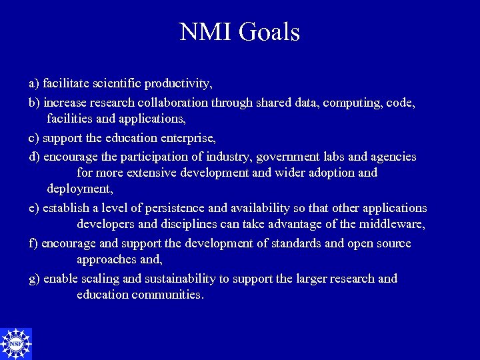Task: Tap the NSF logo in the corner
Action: pyautogui.click(x=15, y=344)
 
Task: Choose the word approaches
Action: pyautogui.click(x=106, y=259)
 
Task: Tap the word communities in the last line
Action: pyautogui.click(x=169, y=295)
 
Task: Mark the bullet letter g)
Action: pyautogui.click(x=34, y=279)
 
